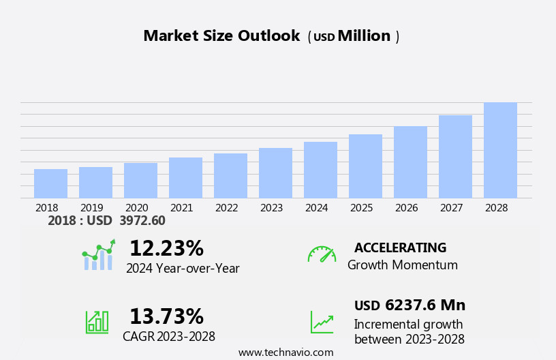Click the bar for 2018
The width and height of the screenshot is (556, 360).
(x=50, y=183)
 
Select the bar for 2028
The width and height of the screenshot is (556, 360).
(x=500, y=150)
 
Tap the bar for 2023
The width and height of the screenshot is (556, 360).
(x=275, y=173)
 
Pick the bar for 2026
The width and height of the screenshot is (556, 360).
(x=410, y=162)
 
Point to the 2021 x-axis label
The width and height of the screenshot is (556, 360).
(x=181, y=208)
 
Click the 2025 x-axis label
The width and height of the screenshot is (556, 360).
(x=361, y=208)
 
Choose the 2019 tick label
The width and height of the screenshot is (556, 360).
(x=91, y=208)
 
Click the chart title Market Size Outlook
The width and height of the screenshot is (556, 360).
(x=221, y=36)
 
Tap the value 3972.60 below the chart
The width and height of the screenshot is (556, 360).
(x=142, y=221)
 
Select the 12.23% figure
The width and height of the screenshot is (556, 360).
(x=166, y=248)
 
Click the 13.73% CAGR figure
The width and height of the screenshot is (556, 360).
(x=166, y=316)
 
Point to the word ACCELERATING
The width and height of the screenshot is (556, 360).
(x=400, y=248)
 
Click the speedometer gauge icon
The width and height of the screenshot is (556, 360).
(x=322, y=254)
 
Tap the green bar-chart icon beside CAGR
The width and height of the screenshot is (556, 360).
(x=97, y=321)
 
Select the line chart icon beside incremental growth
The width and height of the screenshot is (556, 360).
(x=322, y=322)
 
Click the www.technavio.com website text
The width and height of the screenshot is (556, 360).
(x=285, y=352)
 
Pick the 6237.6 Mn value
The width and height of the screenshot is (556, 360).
(x=425, y=305)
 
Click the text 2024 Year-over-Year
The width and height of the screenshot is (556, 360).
(x=183, y=269)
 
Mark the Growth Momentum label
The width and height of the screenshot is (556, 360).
(x=402, y=265)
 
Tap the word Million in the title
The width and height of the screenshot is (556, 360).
(x=364, y=36)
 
